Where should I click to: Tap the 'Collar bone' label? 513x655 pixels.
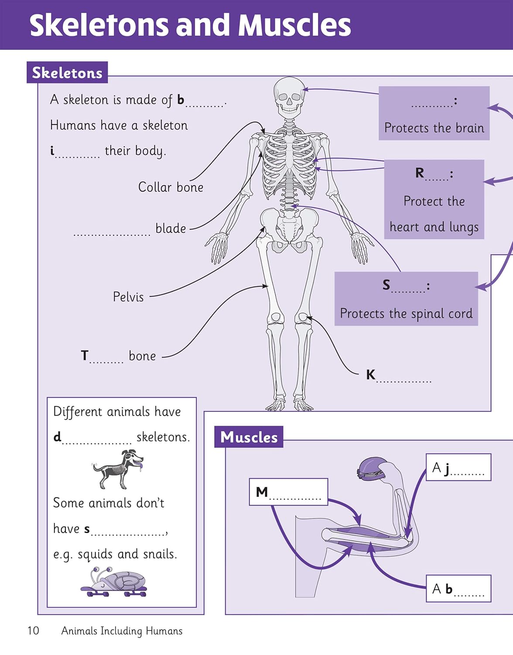(x=171, y=187)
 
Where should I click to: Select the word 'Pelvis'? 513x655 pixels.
(x=128, y=297)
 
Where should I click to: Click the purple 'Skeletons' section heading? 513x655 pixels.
(x=67, y=73)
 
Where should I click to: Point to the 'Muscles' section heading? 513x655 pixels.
(x=249, y=437)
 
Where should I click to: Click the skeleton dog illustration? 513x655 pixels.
(x=118, y=469)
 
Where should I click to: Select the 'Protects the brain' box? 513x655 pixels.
(x=434, y=114)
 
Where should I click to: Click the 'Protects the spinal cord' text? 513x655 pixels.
(x=406, y=314)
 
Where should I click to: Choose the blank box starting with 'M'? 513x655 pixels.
(x=288, y=492)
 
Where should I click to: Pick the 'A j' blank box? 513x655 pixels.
(x=458, y=468)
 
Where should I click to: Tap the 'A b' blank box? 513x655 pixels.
(x=458, y=589)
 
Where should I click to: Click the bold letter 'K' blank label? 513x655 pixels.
(x=371, y=375)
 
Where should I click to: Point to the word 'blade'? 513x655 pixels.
(x=171, y=228)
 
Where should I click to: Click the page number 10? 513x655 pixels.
(x=33, y=631)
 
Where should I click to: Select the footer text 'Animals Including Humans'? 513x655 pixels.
(x=122, y=631)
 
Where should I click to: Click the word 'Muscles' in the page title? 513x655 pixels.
(x=295, y=25)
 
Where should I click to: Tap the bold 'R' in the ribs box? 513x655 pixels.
(x=420, y=173)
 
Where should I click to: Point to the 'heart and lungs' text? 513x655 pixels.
(x=434, y=227)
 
